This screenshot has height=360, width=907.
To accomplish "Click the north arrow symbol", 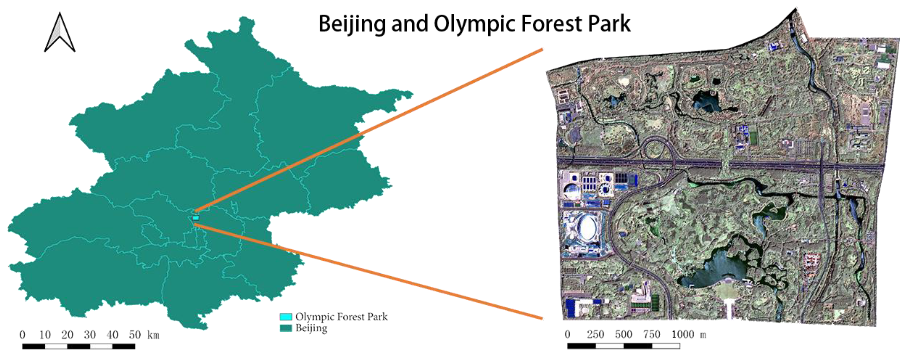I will point(60,34).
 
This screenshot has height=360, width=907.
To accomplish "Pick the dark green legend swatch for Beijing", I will point(286,328).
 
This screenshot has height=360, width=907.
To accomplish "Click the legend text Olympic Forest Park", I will point(341,317).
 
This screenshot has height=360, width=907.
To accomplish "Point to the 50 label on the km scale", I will point(135,335).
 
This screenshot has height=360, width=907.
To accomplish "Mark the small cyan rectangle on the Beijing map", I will point(196,218).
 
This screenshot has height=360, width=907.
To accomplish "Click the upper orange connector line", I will point(370,130).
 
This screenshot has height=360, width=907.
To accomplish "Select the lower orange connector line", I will point(370,271).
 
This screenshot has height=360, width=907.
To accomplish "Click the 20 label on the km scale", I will point(67,335).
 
